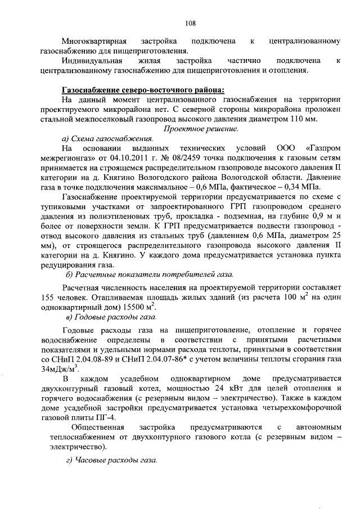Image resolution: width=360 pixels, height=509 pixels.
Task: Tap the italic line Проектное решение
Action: (x=201, y=129)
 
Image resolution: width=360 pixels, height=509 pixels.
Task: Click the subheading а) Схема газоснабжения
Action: (x=107, y=138)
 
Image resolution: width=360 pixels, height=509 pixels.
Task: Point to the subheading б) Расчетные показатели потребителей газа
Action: (x=150, y=274)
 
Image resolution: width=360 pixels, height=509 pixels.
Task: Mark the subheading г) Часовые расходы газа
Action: (x=111, y=461)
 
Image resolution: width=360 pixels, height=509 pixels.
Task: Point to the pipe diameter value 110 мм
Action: (x=304, y=119)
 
